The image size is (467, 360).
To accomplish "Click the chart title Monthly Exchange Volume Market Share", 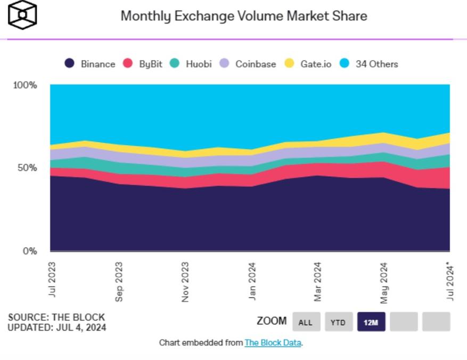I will click(x=244, y=16).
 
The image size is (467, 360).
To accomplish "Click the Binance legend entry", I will click(x=90, y=64).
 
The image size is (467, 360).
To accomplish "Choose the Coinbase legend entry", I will click(x=248, y=64).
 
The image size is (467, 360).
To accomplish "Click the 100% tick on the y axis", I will click(x=25, y=85).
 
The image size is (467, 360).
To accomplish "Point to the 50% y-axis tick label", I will click(x=27, y=168).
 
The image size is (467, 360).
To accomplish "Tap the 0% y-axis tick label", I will click(x=29, y=251).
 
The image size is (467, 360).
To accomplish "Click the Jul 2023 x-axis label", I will click(x=52, y=279).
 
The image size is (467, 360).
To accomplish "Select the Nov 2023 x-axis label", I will click(x=185, y=282).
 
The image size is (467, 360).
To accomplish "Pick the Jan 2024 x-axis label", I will click(x=252, y=280).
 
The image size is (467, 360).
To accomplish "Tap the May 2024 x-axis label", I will click(x=384, y=282).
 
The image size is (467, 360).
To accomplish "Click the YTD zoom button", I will click(x=338, y=322).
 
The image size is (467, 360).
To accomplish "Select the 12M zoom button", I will click(x=371, y=322).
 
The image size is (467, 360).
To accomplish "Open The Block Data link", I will click(x=273, y=343).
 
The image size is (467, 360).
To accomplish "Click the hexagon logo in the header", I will click(x=22, y=14).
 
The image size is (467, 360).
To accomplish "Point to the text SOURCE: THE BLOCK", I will click(x=56, y=317).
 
